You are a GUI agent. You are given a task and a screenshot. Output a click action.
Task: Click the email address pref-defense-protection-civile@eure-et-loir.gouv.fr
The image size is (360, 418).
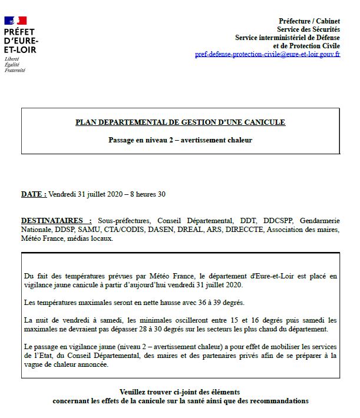coord(267,54)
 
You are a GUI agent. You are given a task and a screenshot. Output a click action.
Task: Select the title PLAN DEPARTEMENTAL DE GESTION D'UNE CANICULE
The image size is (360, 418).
coord(180,122)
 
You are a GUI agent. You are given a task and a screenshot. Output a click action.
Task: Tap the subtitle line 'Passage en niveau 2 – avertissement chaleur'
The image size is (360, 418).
coord(180,140)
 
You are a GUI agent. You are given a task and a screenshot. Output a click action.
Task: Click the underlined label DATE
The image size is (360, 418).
coord(33,194)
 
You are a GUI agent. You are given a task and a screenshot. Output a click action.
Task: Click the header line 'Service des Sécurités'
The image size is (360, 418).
coord(308,29)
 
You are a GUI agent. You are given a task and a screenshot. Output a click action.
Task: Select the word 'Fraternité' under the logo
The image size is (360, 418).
coord(15,70)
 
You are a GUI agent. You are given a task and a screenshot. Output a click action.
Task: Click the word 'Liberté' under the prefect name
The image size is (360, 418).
coord(12,59)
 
